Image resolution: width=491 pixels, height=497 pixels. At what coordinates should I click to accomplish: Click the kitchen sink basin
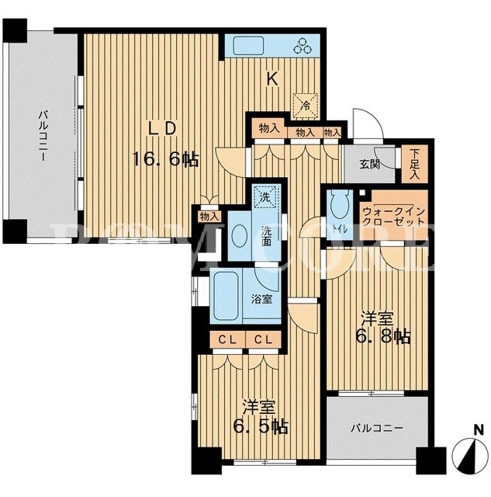(x=248, y=46)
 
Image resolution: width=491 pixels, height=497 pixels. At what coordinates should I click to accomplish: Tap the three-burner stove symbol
(x=303, y=45)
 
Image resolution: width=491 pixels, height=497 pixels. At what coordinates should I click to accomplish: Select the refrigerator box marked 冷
(x=305, y=106)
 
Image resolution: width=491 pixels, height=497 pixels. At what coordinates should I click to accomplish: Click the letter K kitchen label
(x=272, y=78)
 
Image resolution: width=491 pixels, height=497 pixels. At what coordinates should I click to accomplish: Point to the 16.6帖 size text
(x=165, y=158)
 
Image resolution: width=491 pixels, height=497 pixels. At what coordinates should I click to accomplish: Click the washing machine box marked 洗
(x=265, y=196)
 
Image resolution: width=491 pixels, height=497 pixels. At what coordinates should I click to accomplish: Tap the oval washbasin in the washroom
(x=239, y=235)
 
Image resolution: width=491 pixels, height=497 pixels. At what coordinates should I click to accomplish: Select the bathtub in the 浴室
(x=226, y=297)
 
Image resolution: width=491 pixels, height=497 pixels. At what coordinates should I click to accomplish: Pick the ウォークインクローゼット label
(x=393, y=216)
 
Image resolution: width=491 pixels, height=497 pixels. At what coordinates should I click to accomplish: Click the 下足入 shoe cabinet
(x=414, y=164)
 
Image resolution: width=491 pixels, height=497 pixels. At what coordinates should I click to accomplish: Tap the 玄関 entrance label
(x=369, y=164)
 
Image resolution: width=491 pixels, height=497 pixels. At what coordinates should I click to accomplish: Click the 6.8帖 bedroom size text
(x=383, y=336)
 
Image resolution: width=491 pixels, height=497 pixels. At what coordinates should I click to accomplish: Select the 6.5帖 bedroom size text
(x=261, y=426)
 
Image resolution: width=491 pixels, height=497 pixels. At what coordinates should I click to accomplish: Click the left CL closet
(x=227, y=340)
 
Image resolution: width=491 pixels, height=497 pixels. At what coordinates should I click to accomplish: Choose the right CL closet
(x=264, y=340)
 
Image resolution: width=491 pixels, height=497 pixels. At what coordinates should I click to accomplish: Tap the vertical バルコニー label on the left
(x=43, y=135)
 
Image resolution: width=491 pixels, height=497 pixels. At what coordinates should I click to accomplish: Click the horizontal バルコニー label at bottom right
(x=377, y=429)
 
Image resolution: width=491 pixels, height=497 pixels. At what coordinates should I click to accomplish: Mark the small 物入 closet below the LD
(x=209, y=217)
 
